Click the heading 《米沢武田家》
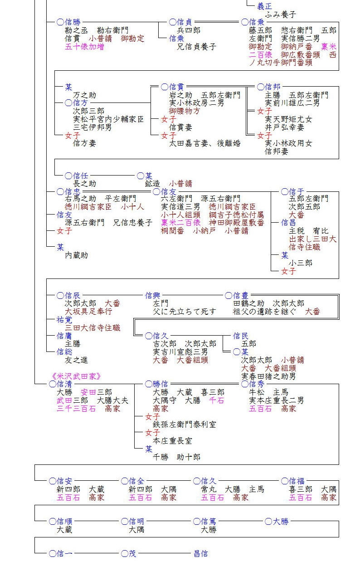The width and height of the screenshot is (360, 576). click(x=76, y=376)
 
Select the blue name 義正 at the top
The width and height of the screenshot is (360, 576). click(x=265, y=6)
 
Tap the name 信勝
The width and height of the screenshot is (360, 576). click(x=73, y=22)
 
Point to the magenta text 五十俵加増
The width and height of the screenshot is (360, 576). click(x=84, y=46)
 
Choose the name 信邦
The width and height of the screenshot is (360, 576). click(x=272, y=87)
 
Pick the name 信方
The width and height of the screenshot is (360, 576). click(x=80, y=103)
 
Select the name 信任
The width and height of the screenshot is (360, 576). click(x=80, y=176)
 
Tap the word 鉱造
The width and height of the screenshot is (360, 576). click(x=153, y=184)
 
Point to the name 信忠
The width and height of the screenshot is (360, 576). click(x=73, y=191)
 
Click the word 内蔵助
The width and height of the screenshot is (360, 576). click(x=76, y=255)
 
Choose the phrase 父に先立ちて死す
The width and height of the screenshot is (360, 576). click(x=185, y=312)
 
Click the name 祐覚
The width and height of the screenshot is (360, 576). click(x=64, y=320)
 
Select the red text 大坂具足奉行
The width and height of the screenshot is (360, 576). click(x=88, y=312)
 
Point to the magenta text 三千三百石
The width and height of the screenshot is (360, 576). click(x=76, y=408)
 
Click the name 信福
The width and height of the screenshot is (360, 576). click(x=297, y=481)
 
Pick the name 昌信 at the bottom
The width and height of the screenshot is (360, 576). click(x=200, y=553)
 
